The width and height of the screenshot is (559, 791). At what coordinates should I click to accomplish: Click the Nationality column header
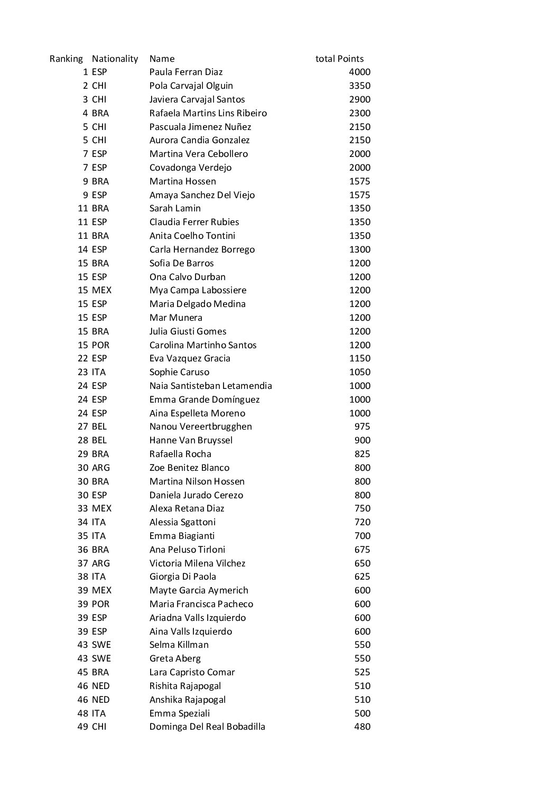click(x=115, y=59)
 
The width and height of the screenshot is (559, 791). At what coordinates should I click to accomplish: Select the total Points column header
click(x=339, y=59)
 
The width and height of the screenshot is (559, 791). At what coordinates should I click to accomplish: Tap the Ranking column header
click(x=66, y=59)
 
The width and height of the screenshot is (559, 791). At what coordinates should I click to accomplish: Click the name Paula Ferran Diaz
click(x=186, y=72)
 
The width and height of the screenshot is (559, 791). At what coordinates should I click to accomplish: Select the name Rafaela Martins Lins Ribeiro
click(x=208, y=113)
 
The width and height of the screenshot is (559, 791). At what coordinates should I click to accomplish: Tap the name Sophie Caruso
click(x=179, y=372)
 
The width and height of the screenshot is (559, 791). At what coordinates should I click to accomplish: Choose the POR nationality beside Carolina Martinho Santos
click(x=100, y=345)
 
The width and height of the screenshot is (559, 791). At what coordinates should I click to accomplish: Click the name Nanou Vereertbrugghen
click(x=201, y=426)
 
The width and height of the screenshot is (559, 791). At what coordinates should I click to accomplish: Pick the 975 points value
click(x=362, y=426)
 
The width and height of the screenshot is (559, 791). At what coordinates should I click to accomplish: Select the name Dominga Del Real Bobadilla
click(x=207, y=727)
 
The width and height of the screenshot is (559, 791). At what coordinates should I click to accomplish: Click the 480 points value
click(x=362, y=727)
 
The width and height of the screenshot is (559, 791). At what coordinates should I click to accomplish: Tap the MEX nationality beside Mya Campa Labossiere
click(x=101, y=290)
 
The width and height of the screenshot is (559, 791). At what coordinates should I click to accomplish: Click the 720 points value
click(x=362, y=522)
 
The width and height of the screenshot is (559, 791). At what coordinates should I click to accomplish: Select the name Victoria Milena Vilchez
click(x=198, y=563)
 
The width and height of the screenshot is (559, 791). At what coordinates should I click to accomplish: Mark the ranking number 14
click(x=83, y=249)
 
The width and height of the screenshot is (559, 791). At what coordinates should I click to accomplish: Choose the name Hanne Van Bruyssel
click(x=191, y=440)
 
